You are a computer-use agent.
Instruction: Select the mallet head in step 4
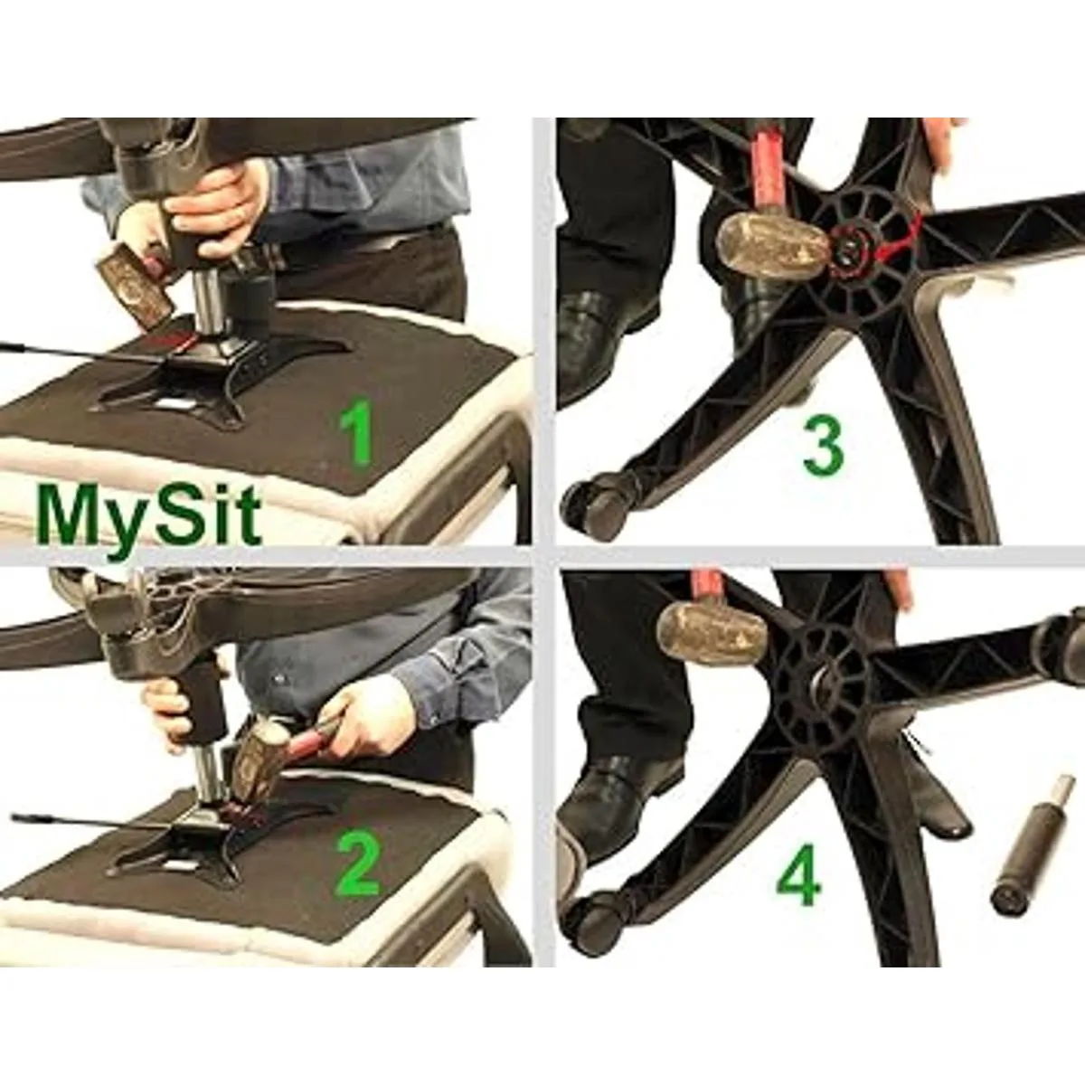[x=710, y=636]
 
